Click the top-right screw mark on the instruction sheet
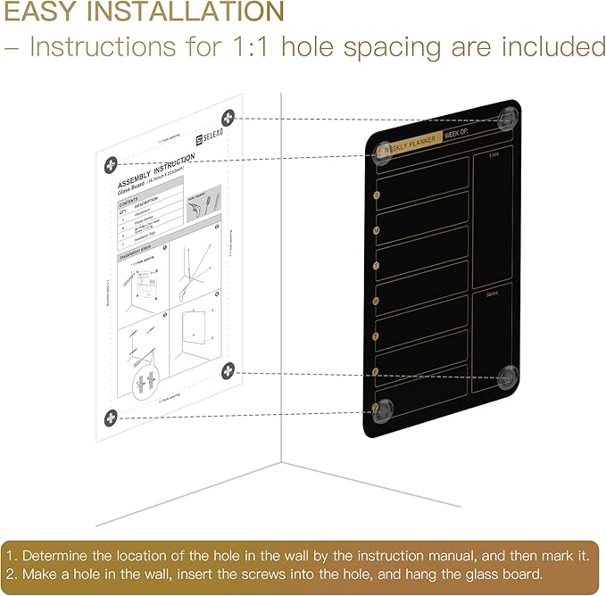pos(228,117)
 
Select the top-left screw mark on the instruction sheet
pos(112,164)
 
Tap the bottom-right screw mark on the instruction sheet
pos(228,373)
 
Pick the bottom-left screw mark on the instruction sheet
pos(112,417)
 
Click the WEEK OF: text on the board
pos(459,135)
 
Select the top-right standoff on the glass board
pos(510,117)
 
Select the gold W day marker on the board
pos(377,300)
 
